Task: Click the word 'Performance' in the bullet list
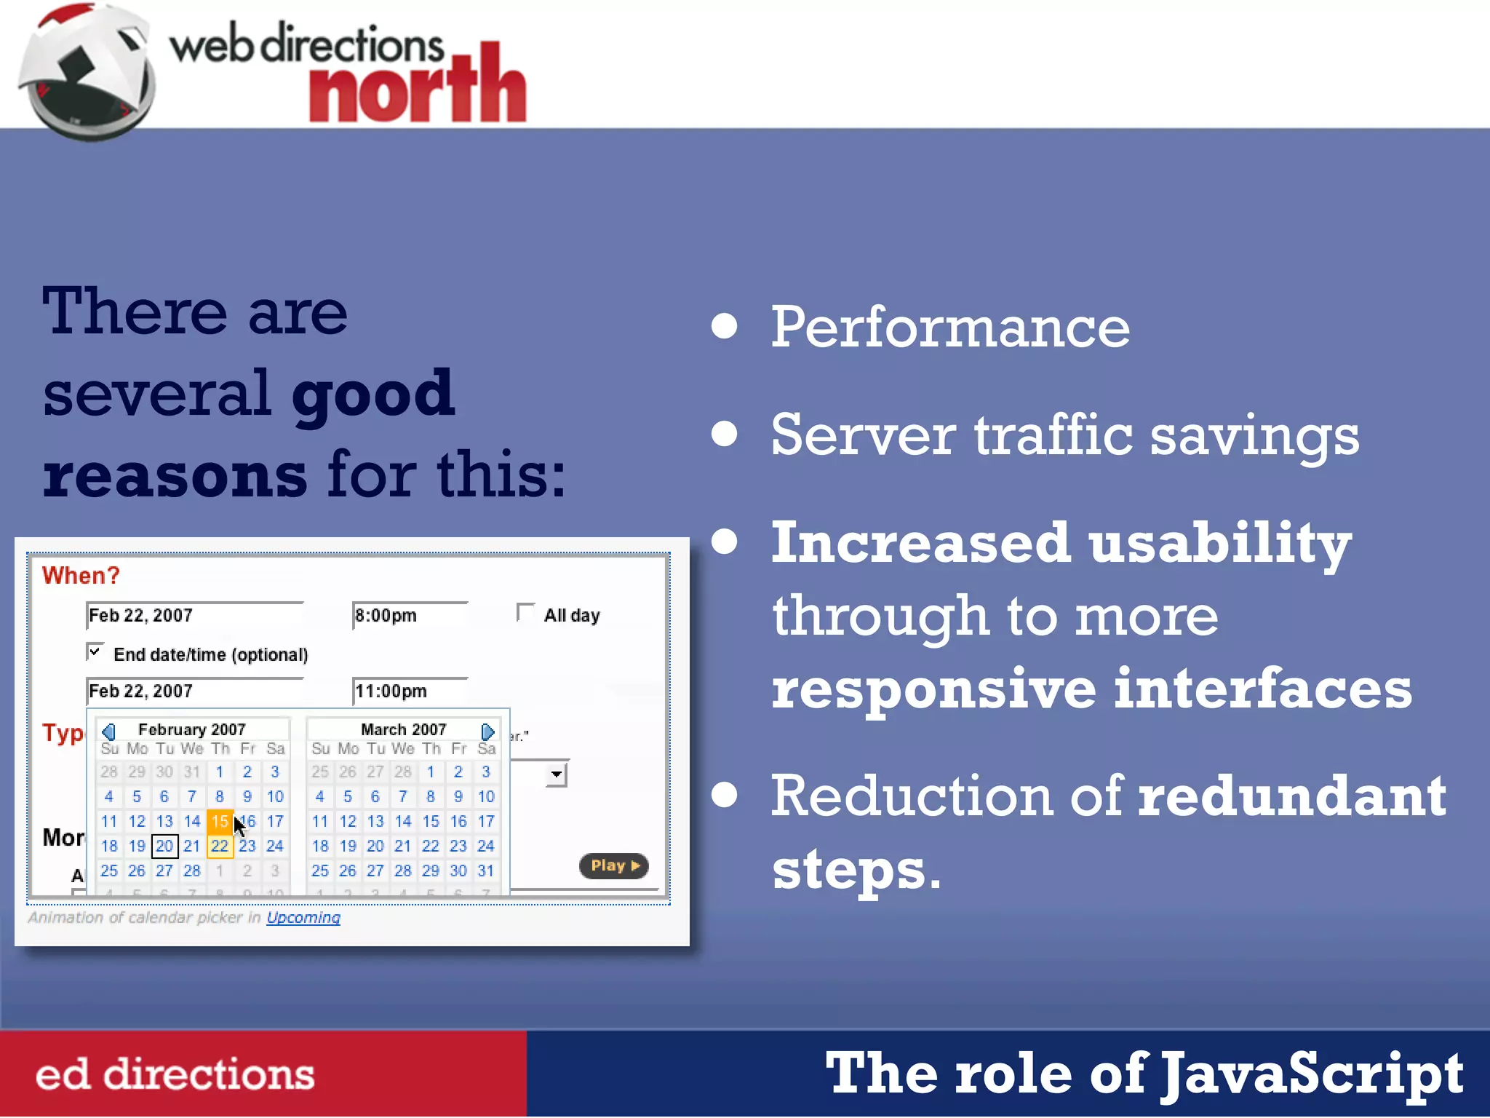click(x=950, y=328)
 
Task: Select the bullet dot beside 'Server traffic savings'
click(x=725, y=434)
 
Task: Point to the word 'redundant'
click(x=1292, y=796)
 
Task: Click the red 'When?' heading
click(x=81, y=576)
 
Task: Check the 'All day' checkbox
click(x=525, y=613)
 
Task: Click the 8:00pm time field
click(x=409, y=616)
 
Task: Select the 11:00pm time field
click(x=409, y=691)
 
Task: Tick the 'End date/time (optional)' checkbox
click(x=95, y=651)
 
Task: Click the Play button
click(x=613, y=865)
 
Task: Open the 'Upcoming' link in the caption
click(x=303, y=918)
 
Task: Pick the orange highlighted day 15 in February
click(x=219, y=822)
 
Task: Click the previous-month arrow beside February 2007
click(x=109, y=731)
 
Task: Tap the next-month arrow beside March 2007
click(x=487, y=731)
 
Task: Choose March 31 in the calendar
click(x=486, y=871)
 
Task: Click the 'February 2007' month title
click(x=192, y=729)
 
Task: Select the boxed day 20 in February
click(x=164, y=847)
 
